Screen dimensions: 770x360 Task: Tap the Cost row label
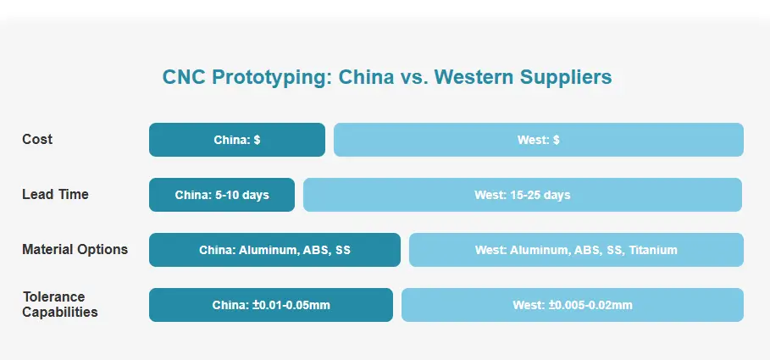coord(37,139)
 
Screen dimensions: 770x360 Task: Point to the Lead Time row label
coord(56,195)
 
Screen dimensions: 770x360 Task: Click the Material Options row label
coord(75,250)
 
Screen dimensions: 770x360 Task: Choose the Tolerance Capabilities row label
coord(60,304)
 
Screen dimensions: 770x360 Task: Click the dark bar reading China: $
coord(237,140)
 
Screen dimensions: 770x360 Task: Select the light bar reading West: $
coord(539,140)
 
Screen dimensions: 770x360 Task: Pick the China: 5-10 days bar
coord(222,195)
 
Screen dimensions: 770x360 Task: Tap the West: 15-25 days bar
coord(523,195)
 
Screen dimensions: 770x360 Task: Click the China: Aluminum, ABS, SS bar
coord(275,250)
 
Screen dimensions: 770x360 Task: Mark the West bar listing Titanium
coord(577,250)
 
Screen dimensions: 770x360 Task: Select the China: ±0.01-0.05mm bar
coord(271,305)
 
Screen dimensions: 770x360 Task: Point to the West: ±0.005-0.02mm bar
coord(573,305)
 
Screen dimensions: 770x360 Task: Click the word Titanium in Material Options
coord(653,250)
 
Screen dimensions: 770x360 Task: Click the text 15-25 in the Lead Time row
coord(523,195)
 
